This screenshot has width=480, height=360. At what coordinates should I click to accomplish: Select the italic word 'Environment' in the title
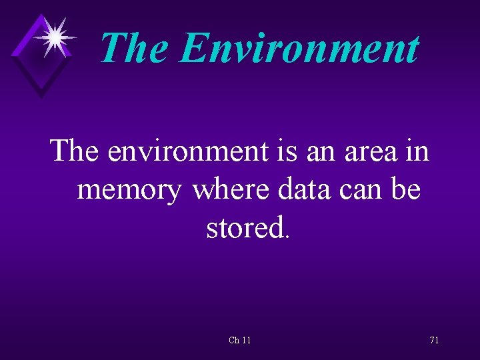300,47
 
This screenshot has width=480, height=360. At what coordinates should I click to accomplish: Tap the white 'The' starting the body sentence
75,151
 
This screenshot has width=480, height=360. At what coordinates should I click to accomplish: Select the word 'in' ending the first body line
416,151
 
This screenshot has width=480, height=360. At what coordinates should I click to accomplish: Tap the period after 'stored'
287,236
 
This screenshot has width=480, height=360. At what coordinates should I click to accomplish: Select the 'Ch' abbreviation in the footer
234,340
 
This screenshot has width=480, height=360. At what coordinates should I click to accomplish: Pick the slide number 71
434,340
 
